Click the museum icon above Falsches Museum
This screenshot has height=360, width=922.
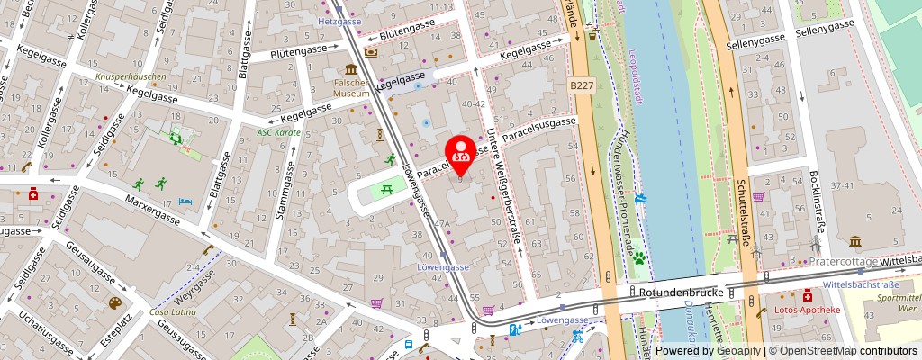point(349,69)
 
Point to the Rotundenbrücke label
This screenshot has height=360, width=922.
point(675,292)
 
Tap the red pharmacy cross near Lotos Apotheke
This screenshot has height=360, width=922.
point(807,294)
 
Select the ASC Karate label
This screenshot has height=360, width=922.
point(278,131)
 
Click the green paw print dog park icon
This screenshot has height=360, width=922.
point(639,257)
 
